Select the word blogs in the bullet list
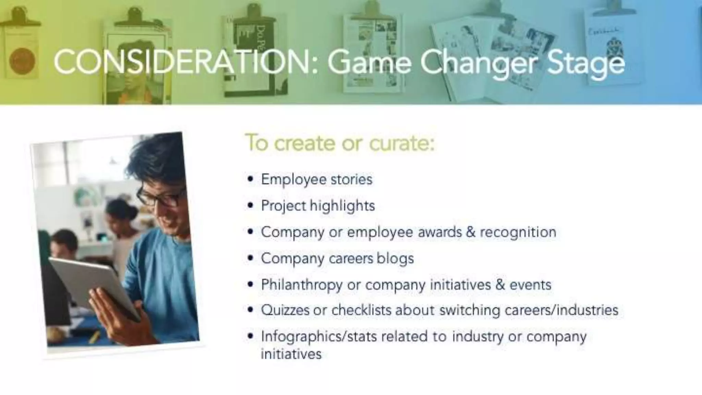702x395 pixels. coord(395,259)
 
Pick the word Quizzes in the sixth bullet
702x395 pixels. coord(285,310)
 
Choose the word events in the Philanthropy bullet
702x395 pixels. coord(530,285)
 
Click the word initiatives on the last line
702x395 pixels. coord(291,354)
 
